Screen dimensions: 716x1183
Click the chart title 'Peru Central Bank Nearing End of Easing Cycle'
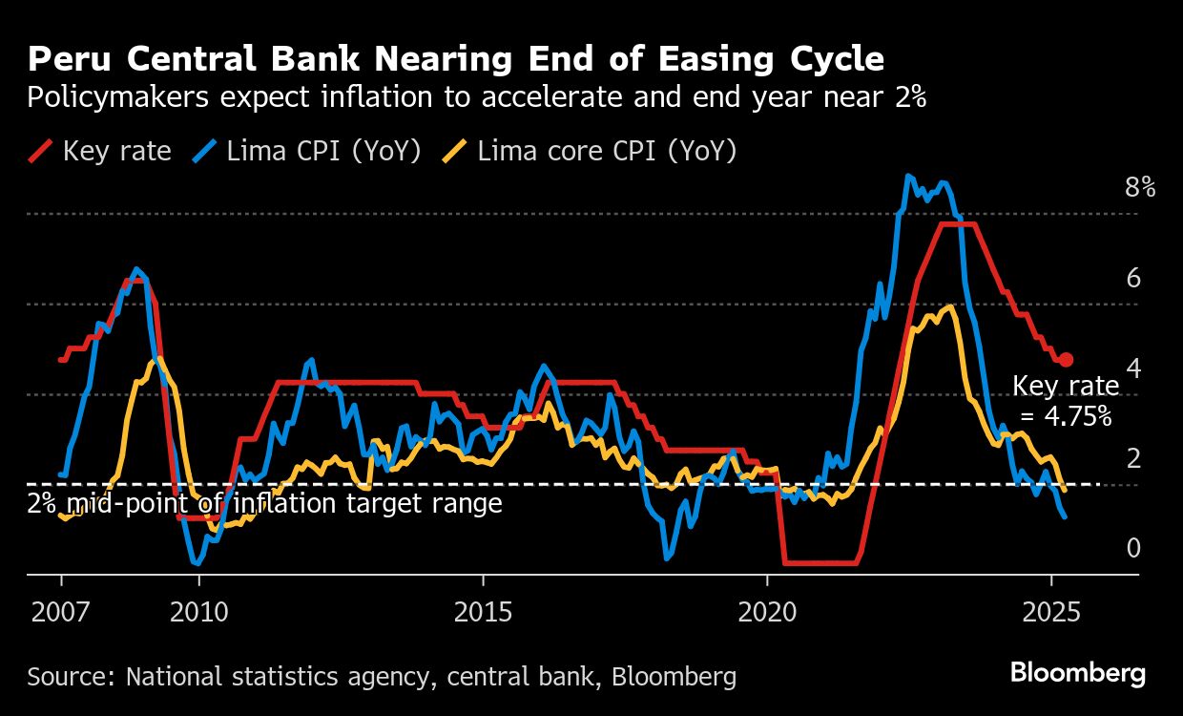click(456, 59)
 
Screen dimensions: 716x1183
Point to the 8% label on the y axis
click(1140, 187)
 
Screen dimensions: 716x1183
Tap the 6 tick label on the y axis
click(1133, 278)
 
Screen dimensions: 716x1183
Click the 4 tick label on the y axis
click(1133, 368)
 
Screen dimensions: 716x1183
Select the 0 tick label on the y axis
click(1133, 548)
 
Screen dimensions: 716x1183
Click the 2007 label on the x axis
click(62, 611)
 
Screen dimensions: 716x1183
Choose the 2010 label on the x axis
click(198, 611)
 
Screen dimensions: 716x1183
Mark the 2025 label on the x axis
click(1051, 611)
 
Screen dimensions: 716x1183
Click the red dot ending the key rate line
click(1067, 360)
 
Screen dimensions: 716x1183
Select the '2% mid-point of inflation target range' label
click(264, 503)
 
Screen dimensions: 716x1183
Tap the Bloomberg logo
click(1078, 674)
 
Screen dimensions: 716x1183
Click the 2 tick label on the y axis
click(1133, 458)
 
